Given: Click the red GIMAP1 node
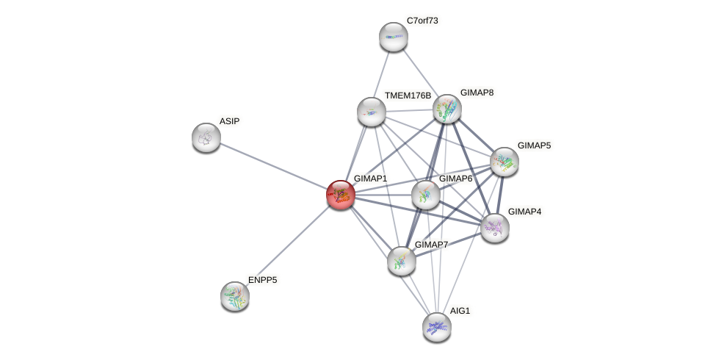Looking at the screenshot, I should pos(341,195).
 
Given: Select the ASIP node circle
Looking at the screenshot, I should pos(206,137).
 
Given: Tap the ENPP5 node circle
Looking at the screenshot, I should pos(235,296).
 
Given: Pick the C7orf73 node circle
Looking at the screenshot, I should pos(394,37).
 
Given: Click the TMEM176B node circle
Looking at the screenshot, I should pos(372,111).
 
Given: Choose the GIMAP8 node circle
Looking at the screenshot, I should pos(447,109).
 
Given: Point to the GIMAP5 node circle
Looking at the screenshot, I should pos(505,162).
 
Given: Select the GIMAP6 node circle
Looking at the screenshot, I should pos(426,195).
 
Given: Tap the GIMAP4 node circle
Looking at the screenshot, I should pos(495,228).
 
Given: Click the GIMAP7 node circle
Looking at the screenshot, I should pos(402,261).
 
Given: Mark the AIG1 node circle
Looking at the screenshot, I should pos(437,327).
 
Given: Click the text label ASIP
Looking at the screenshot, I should pos(229,121).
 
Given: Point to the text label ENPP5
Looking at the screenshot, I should pos(262,280).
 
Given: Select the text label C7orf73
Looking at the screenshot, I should pos(422,21).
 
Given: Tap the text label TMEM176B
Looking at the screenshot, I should pos(408,96).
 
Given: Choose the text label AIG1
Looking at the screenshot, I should pos(460,311).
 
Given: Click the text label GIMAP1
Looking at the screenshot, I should pos(370,179).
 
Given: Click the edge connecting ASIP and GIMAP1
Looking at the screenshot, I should pos(273,166).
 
